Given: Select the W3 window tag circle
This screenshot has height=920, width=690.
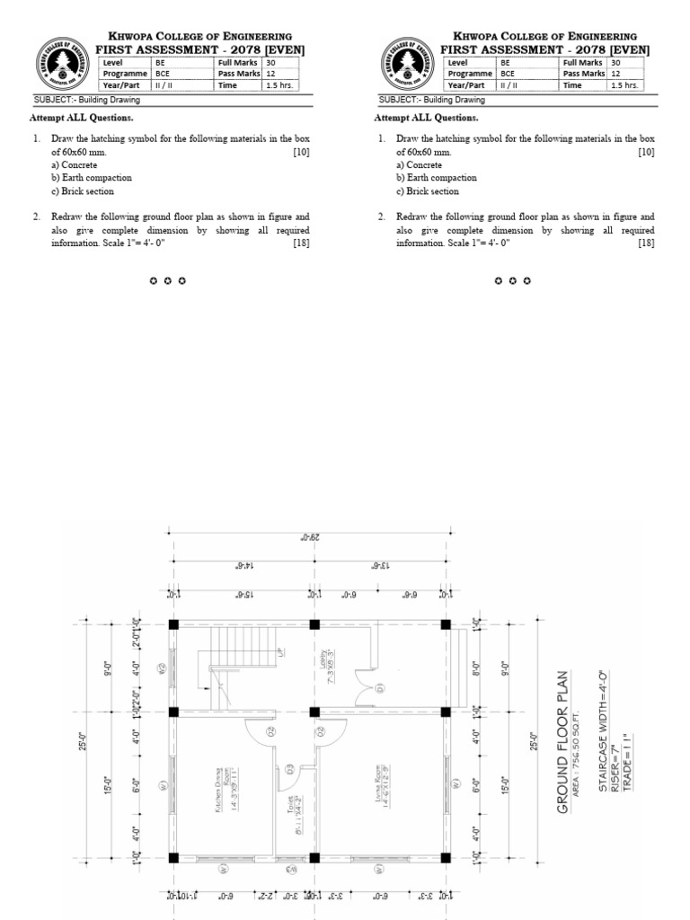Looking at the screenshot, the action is click(289, 870).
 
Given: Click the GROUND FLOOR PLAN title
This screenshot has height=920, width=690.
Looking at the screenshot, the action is click(563, 742).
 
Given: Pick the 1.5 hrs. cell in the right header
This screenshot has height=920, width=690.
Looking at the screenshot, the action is click(624, 86).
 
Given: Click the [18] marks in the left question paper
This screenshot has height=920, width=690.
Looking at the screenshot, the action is click(301, 243).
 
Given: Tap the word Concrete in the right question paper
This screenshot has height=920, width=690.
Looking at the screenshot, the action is click(424, 165).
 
